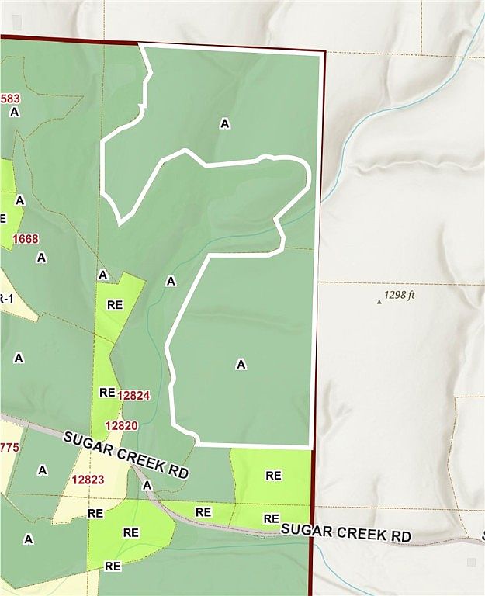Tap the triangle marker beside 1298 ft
[379, 301]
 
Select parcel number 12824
[133, 395]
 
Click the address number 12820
[122, 425]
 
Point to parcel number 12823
[88, 480]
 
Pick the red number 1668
[26, 238]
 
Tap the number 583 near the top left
[11, 99]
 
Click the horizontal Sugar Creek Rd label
[345, 534]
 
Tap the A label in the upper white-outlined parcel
[225, 123]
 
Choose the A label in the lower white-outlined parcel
[241, 364]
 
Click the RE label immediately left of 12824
[107, 393]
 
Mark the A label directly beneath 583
[14, 112]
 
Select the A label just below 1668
[41, 257]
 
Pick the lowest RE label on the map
[113, 567]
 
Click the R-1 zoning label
[4, 299]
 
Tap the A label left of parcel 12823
[42, 470]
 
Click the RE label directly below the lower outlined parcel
[273, 475]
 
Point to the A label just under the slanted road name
[147, 485]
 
